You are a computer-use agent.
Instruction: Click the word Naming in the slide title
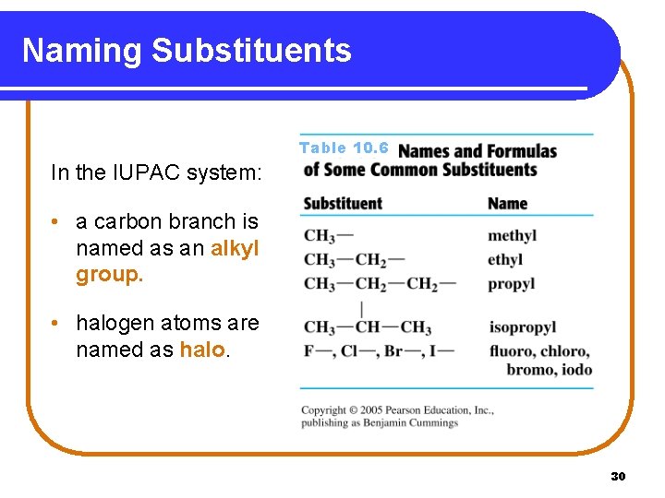pos(81,51)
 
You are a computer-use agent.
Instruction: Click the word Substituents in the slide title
pos(251,51)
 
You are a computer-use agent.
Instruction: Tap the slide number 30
pos(619,476)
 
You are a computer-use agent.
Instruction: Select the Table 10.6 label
pos(344,148)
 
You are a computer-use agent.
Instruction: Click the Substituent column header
pos(342,204)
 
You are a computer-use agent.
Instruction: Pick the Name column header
pos(507,204)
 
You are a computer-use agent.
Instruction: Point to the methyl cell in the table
pos(512,236)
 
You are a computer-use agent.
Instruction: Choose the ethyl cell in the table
pos(505,260)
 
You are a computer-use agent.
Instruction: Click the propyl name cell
pos(511,284)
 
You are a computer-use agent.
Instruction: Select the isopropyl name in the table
pos(522,327)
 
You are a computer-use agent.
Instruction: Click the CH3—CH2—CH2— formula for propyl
pos(380,284)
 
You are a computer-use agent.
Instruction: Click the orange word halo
pos(201,350)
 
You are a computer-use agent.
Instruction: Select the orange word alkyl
pos(235,248)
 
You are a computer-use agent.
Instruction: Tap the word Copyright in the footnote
pos(323,410)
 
